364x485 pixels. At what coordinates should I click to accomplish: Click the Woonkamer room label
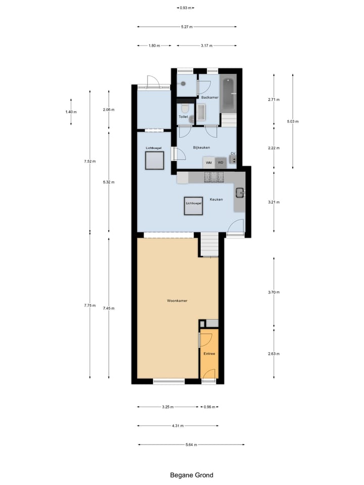pos(177,301)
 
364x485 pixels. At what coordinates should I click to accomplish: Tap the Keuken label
pos(216,200)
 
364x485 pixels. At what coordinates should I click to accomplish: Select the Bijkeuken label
pos(201,148)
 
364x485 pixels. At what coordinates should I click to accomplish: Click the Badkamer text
pos(209,97)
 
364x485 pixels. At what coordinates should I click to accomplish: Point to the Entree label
pos(209,354)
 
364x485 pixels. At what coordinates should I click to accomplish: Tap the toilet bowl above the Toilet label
pos(185,109)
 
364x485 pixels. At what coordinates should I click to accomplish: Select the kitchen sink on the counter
pos(240,192)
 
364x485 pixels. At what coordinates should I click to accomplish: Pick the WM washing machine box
pos(208,163)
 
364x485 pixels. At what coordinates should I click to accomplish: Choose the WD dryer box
pos(220,163)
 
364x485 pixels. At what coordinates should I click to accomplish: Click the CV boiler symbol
pos(233,159)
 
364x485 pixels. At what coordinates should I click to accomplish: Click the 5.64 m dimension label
pos(191,445)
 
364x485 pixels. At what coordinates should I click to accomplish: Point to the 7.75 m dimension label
pos(90,305)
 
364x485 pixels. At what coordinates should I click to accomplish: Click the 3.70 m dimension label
pos(274,293)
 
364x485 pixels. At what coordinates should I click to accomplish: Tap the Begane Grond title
pos(191,475)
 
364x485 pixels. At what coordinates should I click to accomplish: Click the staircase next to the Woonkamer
pos(209,245)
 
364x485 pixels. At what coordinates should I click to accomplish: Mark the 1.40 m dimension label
pos(70,112)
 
